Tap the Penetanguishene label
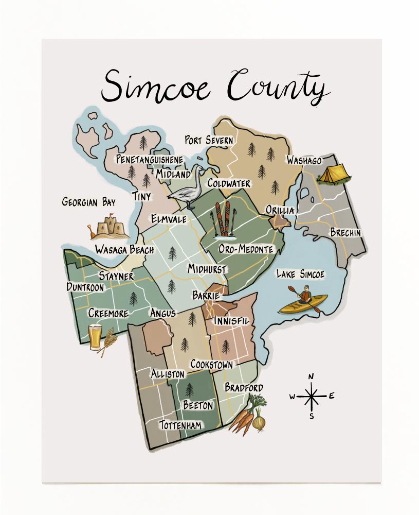pyautogui.click(x=149, y=160)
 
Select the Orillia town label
pyautogui.click(x=280, y=210)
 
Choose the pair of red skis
pyautogui.click(x=222, y=218)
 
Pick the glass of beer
pyautogui.click(x=95, y=337)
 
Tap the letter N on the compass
pyautogui.click(x=311, y=376)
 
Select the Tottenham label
pyautogui.click(x=180, y=425)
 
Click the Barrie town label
pyautogui.click(x=206, y=296)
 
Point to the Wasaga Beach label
pyautogui.click(x=124, y=250)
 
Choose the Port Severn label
pyautogui.click(x=209, y=140)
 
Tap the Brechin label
pyautogui.click(x=345, y=233)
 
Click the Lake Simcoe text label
pyautogui.click(x=300, y=274)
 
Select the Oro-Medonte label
pyautogui.click(x=246, y=250)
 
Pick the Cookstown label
pyautogui.click(x=211, y=364)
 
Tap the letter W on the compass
pyautogui.click(x=292, y=397)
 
